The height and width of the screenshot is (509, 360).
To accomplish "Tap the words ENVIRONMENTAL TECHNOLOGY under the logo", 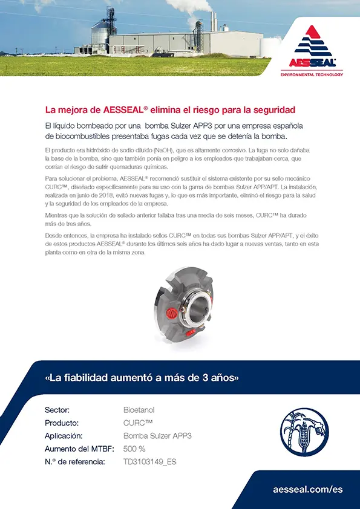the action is (312, 74).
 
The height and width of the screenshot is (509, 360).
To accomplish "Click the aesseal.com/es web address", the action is (308, 489).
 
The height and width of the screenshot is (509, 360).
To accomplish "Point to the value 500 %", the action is (134, 449).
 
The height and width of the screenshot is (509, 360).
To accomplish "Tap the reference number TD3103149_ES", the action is (150, 462).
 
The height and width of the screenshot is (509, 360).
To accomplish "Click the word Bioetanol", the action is (139, 410).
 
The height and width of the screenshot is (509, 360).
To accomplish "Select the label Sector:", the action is (57, 410).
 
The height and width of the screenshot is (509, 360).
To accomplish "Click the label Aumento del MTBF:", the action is (75, 449).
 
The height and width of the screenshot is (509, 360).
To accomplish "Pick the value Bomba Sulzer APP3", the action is (157, 436).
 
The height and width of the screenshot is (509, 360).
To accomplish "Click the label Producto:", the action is (62, 423).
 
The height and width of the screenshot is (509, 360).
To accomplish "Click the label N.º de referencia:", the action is (75, 462).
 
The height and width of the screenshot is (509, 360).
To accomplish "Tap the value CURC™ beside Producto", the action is (137, 423).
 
